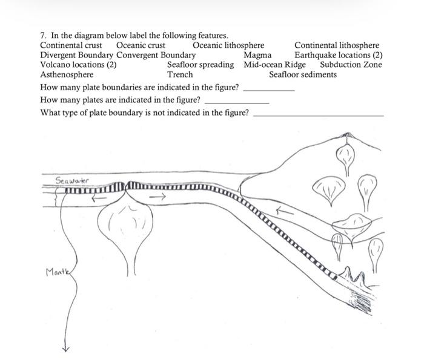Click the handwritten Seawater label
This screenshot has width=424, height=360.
(72, 180)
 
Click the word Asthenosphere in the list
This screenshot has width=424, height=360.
(67, 74)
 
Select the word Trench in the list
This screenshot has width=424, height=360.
(180, 74)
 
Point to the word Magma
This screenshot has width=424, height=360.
(257, 55)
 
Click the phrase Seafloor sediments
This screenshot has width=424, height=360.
(303, 74)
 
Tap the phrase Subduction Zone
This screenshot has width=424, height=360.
(351, 65)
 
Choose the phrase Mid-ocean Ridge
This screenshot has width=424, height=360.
(275, 65)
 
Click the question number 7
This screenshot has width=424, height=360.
(43, 36)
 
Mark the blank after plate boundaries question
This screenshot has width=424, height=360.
(268, 89)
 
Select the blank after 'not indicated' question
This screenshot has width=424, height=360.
(318, 114)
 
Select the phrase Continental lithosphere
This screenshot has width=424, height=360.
(337, 45)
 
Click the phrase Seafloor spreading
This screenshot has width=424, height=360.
(200, 65)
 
